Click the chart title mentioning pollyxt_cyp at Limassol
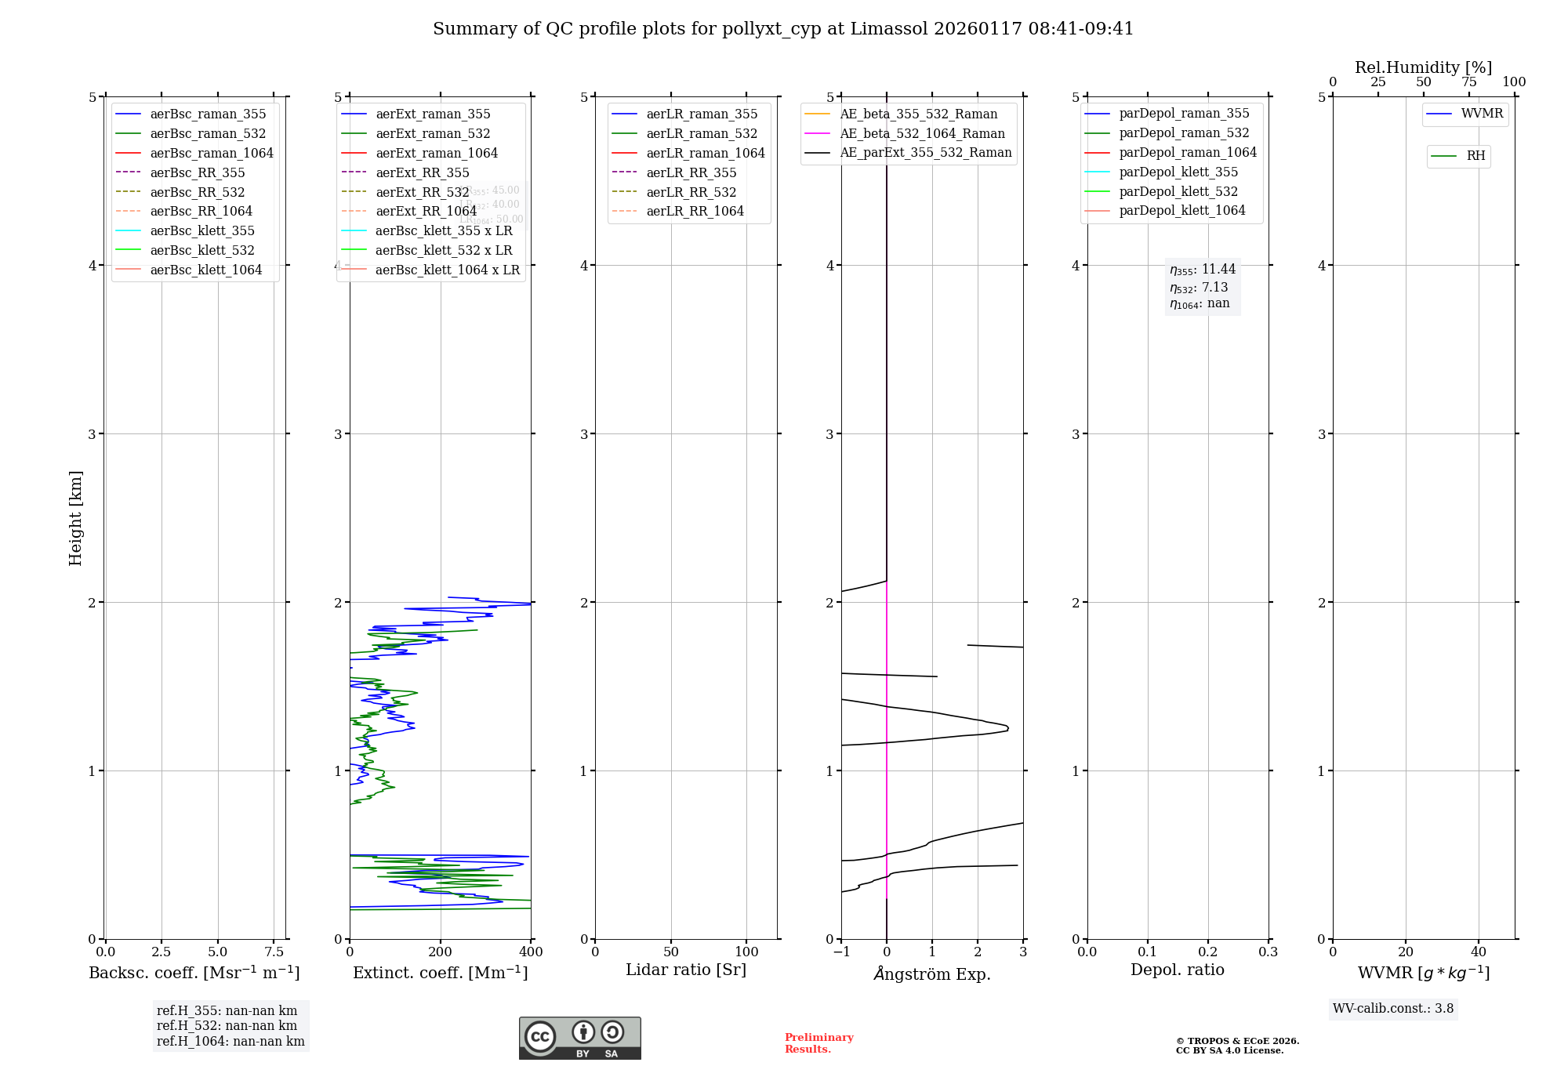[783, 29]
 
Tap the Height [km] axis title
[75, 518]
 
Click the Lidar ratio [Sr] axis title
[686, 970]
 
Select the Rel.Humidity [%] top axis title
[1423, 67]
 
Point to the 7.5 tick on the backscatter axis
[274, 952]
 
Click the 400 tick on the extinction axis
[531, 952]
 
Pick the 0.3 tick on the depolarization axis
[1268, 952]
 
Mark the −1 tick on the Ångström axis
[841, 952]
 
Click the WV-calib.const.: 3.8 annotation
[1393, 1009]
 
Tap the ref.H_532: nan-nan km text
[227, 1026]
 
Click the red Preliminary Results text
[818, 1043]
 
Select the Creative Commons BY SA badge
[579, 1039]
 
